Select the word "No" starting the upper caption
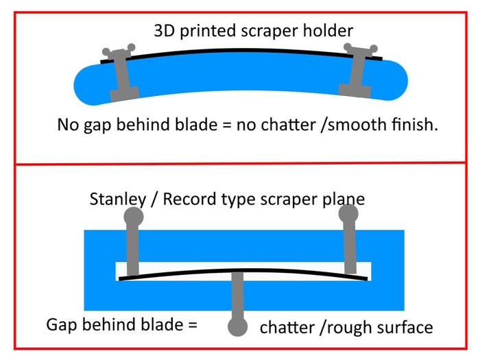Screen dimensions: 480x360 [x=69, y=125]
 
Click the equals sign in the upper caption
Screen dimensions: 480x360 [x=227, y=125]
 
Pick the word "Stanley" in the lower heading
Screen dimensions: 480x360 [x=118, y=200]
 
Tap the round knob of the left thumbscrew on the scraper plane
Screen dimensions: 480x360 [x=134, y=217]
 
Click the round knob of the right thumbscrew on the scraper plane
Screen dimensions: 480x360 [x=348, y=213]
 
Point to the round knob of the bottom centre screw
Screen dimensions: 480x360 [x=237, y=326]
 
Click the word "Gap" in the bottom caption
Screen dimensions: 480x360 [x=61, y=325]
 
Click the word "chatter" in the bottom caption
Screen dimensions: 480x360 [x=287, y=327]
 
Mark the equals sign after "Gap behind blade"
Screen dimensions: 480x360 [x=193, y=325]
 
